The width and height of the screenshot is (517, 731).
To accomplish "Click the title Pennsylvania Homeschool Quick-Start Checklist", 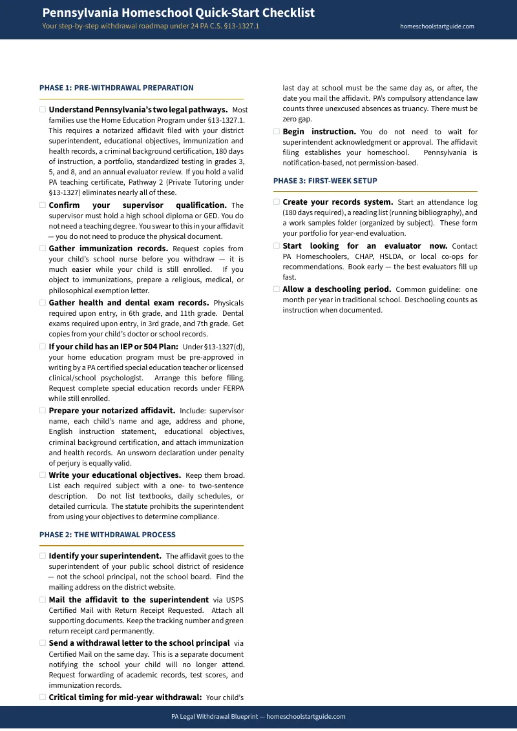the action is (178, 13).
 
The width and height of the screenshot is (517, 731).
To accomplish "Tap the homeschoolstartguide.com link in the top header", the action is (437, 26).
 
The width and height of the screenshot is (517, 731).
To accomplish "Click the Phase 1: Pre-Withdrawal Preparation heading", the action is (116, 88).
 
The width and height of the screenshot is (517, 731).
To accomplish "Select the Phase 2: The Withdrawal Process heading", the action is (107, 535).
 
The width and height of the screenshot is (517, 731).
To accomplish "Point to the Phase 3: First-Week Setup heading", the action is (325, 181).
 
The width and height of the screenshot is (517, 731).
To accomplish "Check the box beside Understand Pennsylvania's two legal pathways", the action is (43, 110).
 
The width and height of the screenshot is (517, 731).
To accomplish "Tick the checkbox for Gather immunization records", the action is (43, 249).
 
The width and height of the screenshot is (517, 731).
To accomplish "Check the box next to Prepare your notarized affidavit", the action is (43, 411).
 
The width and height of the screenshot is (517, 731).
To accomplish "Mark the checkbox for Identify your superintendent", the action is (43, 556).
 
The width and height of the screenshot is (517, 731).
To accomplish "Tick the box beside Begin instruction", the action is (277, 132).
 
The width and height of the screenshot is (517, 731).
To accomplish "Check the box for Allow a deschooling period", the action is (277, 289).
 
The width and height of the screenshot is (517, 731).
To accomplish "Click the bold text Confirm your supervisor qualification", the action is (137, 205).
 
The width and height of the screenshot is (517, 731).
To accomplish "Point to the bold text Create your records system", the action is (337, 202).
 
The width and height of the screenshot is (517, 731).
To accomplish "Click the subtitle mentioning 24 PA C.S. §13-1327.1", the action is (151, 26).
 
